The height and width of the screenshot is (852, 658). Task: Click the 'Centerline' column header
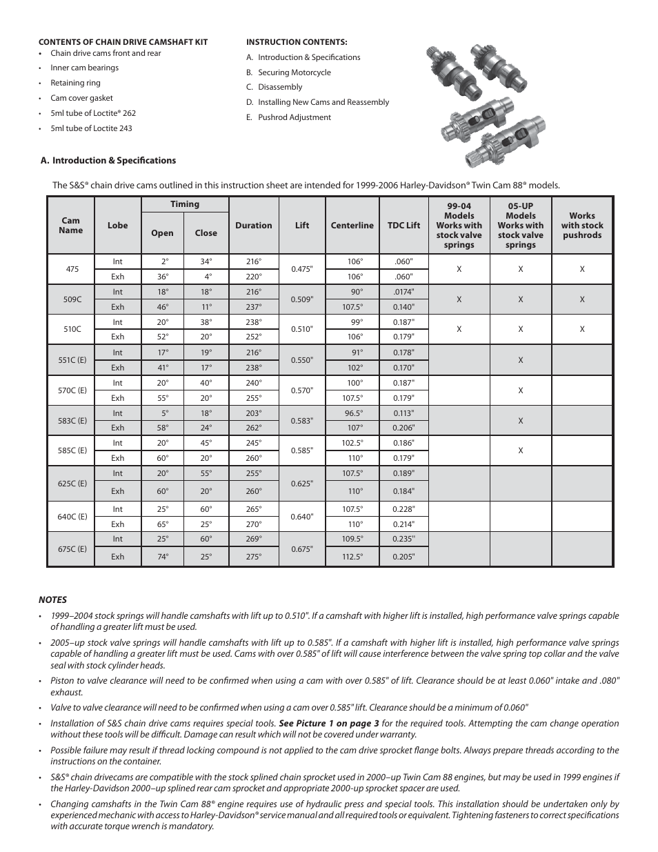352,226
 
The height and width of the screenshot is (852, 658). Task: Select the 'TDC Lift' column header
403,226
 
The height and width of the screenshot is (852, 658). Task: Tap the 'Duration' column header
253,226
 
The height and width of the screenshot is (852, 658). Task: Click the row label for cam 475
72,269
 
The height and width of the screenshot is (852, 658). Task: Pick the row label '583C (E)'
72,421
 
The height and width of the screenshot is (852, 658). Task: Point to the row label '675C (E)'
72,549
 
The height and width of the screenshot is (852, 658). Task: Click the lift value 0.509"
302,299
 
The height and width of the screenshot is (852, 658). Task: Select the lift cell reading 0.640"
302,517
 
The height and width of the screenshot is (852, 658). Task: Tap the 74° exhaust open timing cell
162,557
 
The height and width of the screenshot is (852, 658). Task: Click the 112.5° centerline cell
352,557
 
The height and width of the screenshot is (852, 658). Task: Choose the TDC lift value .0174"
403,292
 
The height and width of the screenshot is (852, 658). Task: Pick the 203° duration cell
253,413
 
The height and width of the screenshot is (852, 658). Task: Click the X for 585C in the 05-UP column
520,450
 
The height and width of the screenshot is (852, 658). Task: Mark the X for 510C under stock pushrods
581,330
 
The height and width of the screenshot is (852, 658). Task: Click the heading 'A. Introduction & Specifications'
108,161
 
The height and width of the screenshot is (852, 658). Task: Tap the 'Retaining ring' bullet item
75,83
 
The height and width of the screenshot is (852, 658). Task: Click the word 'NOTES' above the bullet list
52,600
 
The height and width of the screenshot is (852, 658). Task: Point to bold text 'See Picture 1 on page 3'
328,724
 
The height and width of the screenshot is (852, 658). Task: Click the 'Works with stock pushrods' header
581,226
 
